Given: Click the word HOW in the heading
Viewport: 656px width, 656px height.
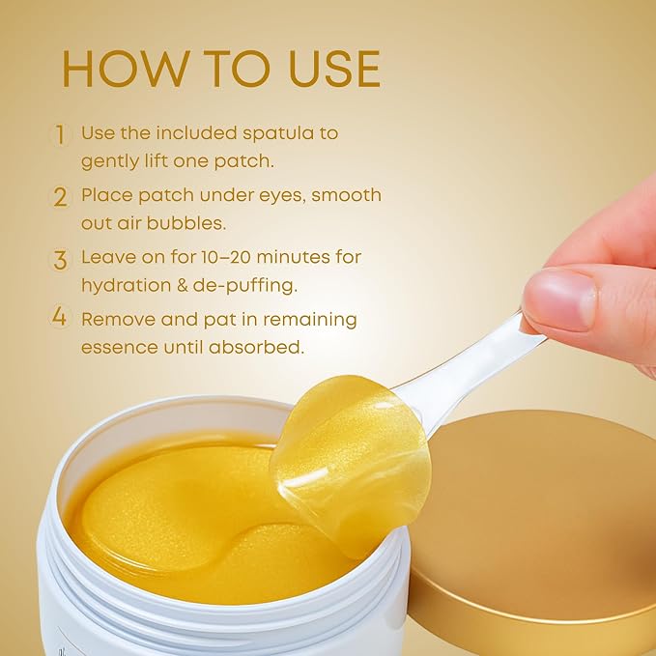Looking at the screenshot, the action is [x=124, y=69].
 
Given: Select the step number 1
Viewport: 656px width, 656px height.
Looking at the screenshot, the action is [x=60, y=134].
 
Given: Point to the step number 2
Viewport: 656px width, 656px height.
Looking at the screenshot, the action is [x=60, y=197].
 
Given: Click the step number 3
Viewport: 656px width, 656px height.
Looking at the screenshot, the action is [x=60, y=260].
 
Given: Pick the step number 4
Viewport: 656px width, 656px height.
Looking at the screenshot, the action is [x=59, y=317].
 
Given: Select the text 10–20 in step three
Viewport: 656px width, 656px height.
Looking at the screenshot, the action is [x=226, y=257].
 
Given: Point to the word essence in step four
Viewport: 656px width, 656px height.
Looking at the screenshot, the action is [x=119, y=348].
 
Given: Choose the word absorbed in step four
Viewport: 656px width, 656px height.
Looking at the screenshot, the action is [x=256, y=347].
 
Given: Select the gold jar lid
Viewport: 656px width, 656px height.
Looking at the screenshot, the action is [x=535, y=528].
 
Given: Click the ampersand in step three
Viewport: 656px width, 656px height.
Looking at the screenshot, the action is [x=182, y=285].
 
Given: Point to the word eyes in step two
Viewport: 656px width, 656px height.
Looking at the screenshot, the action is [x=282, y=197].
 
